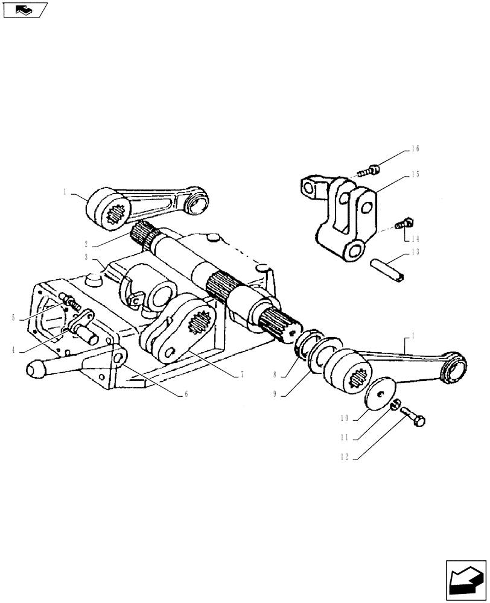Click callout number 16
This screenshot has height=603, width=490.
pyautogui.click(x=415, y=148)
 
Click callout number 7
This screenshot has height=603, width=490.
pyautogui.click(x=241, y=375)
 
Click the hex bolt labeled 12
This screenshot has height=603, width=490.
pyautogui.click(x=414, y=417)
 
